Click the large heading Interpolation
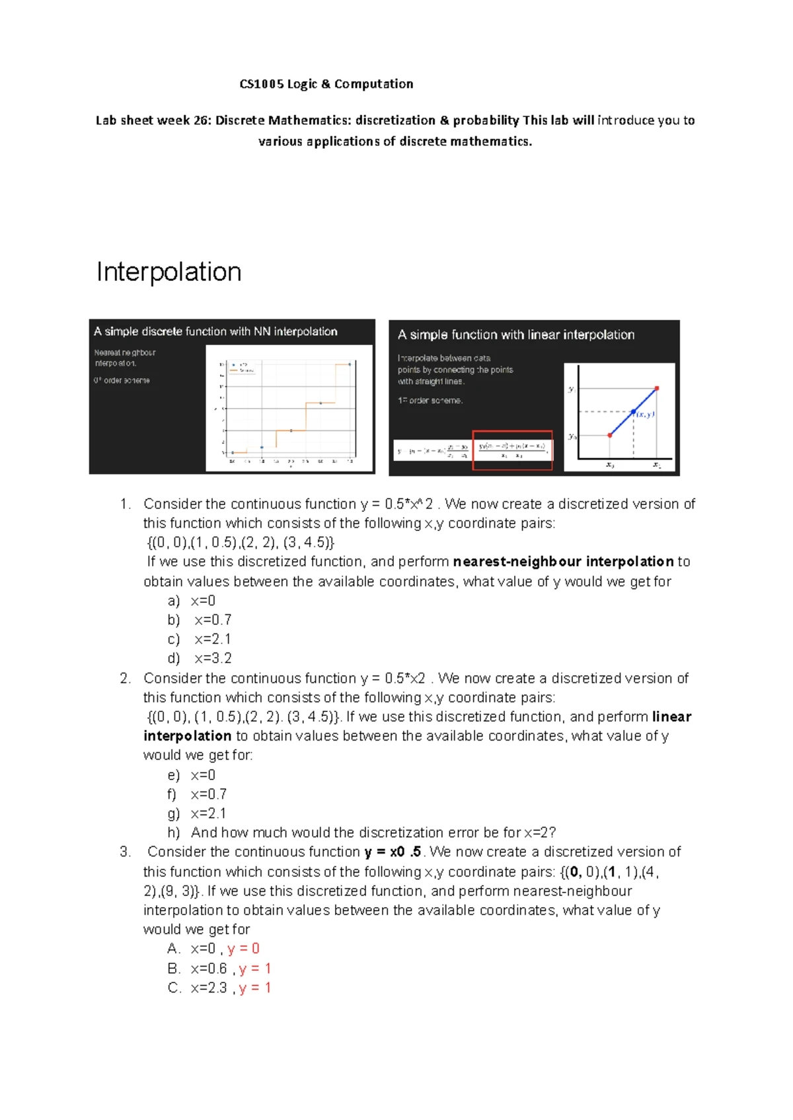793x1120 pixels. [169, 272]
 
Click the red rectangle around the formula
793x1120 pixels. [512, 450]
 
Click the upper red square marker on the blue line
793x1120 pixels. [656, 388]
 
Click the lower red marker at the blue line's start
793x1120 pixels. [609, 435]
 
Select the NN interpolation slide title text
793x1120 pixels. [215, 331]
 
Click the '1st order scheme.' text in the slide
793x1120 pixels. [430, 400]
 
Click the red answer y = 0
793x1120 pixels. [243, 949]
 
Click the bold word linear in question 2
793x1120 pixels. [671, 717]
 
